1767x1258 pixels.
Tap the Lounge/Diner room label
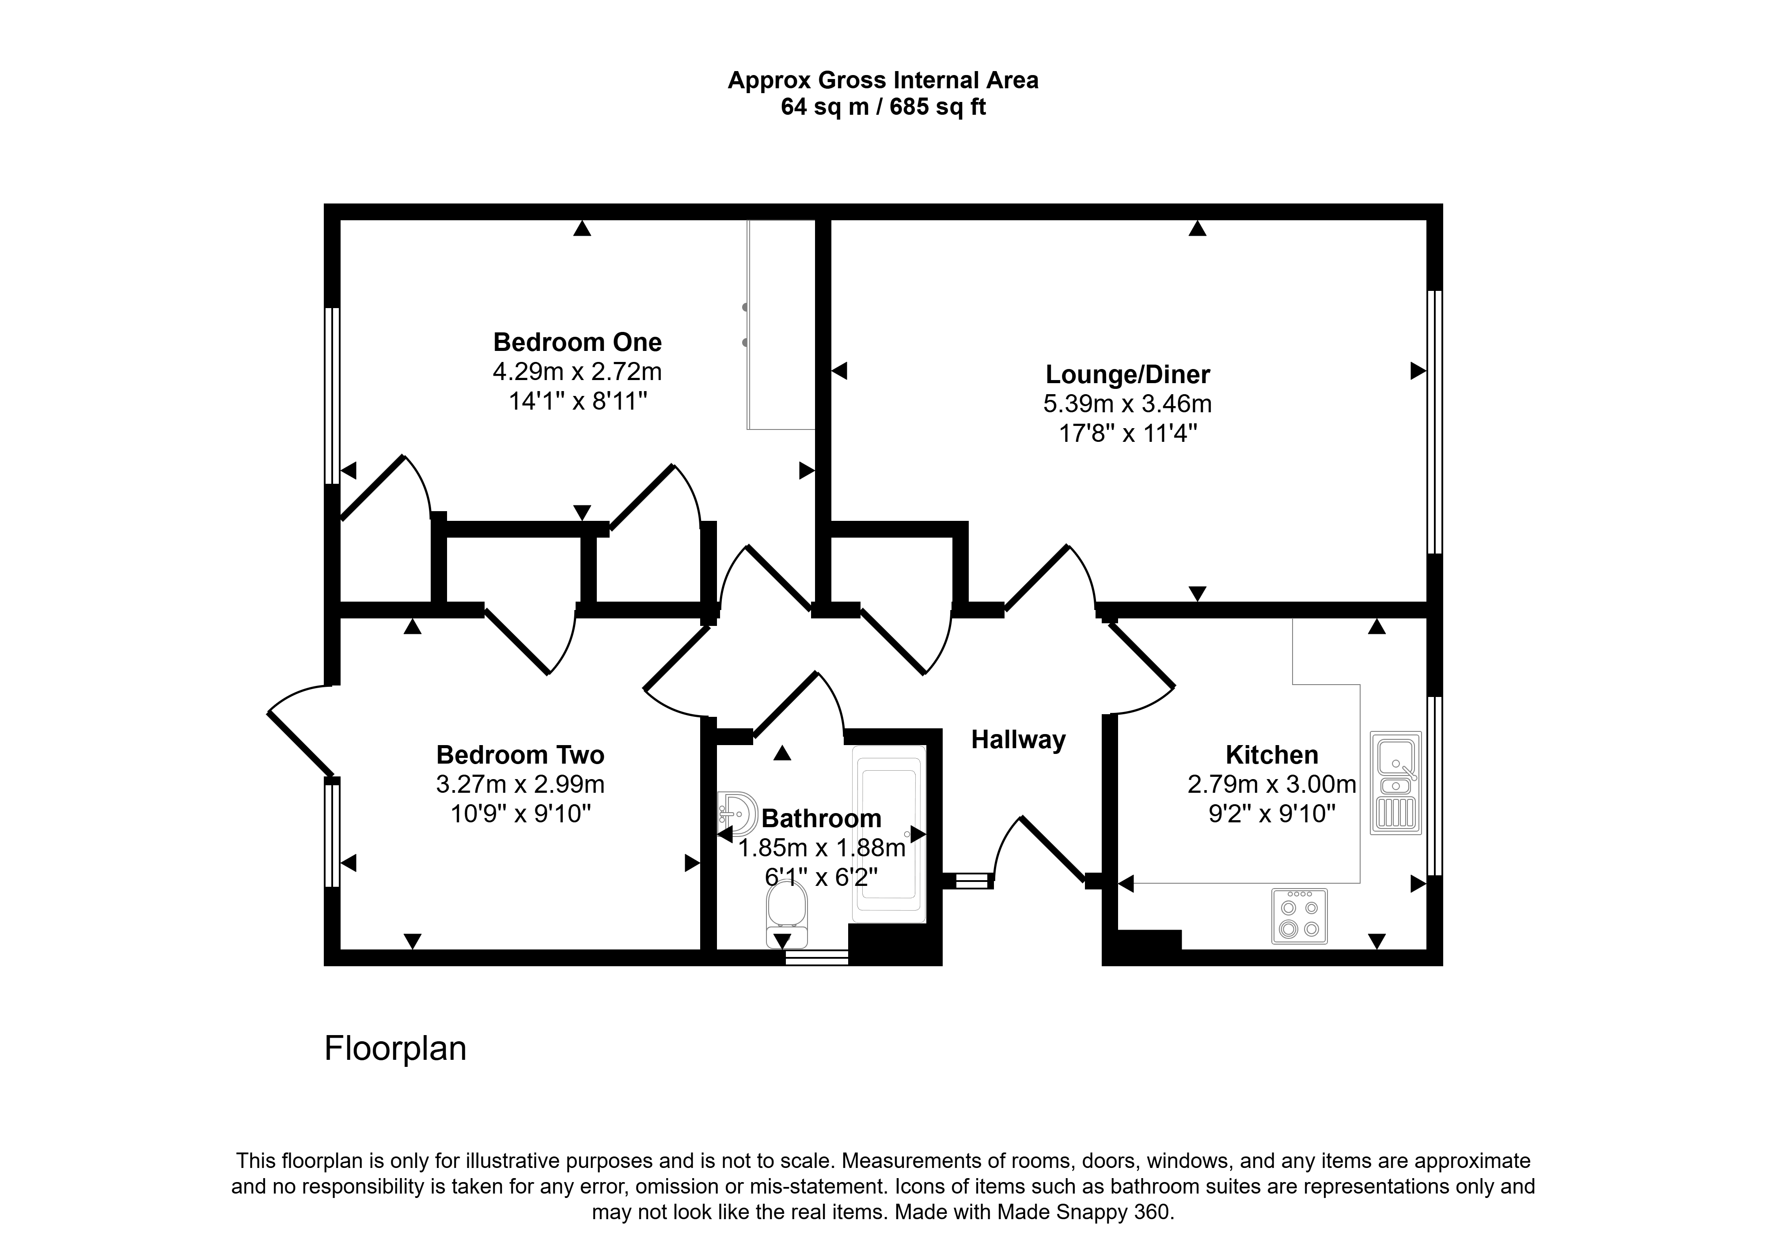point(1128,374)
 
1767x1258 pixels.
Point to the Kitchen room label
point(1272,754)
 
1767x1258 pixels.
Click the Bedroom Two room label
point(520,754)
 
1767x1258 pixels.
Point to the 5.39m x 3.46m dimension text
point(1128,403)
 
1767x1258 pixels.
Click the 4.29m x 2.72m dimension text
point(577,372)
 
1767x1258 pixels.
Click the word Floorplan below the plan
point(395,1049)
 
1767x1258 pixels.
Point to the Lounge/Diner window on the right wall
point(1434,422)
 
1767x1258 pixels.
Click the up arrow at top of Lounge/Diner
point(1198,228)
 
